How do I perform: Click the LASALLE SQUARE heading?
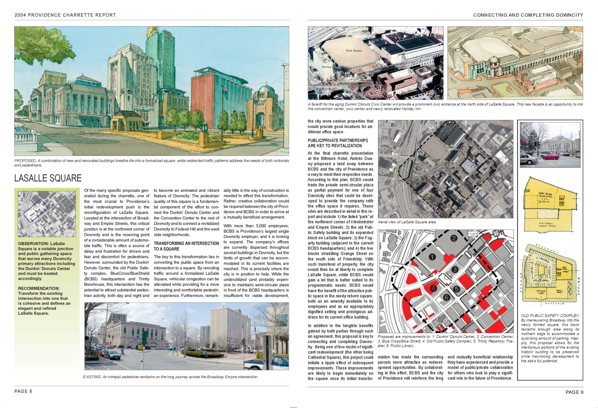(x=48, y=178)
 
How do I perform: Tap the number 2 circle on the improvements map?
(x=453, y=238)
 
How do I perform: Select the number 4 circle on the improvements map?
(x=433, y=288)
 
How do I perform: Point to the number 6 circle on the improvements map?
(x=446, y=297)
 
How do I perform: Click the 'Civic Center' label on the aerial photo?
(x=354, y=51)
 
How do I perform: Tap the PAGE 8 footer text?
(x=23, y=391)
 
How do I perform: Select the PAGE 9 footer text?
(x=574, y=392)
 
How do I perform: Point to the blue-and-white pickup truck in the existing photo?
(x=266, y=363)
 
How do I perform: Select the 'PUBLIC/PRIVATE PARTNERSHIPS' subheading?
(x=338, y=140)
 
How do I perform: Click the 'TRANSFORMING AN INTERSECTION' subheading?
(x=186, y=243)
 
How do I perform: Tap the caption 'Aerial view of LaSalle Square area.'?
(x=407, y=222)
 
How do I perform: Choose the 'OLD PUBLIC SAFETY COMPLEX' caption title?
(x=550, y=315)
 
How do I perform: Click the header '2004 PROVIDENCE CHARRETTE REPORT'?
(x=65, y=15)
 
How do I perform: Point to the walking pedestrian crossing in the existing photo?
(x=123, y=352)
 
